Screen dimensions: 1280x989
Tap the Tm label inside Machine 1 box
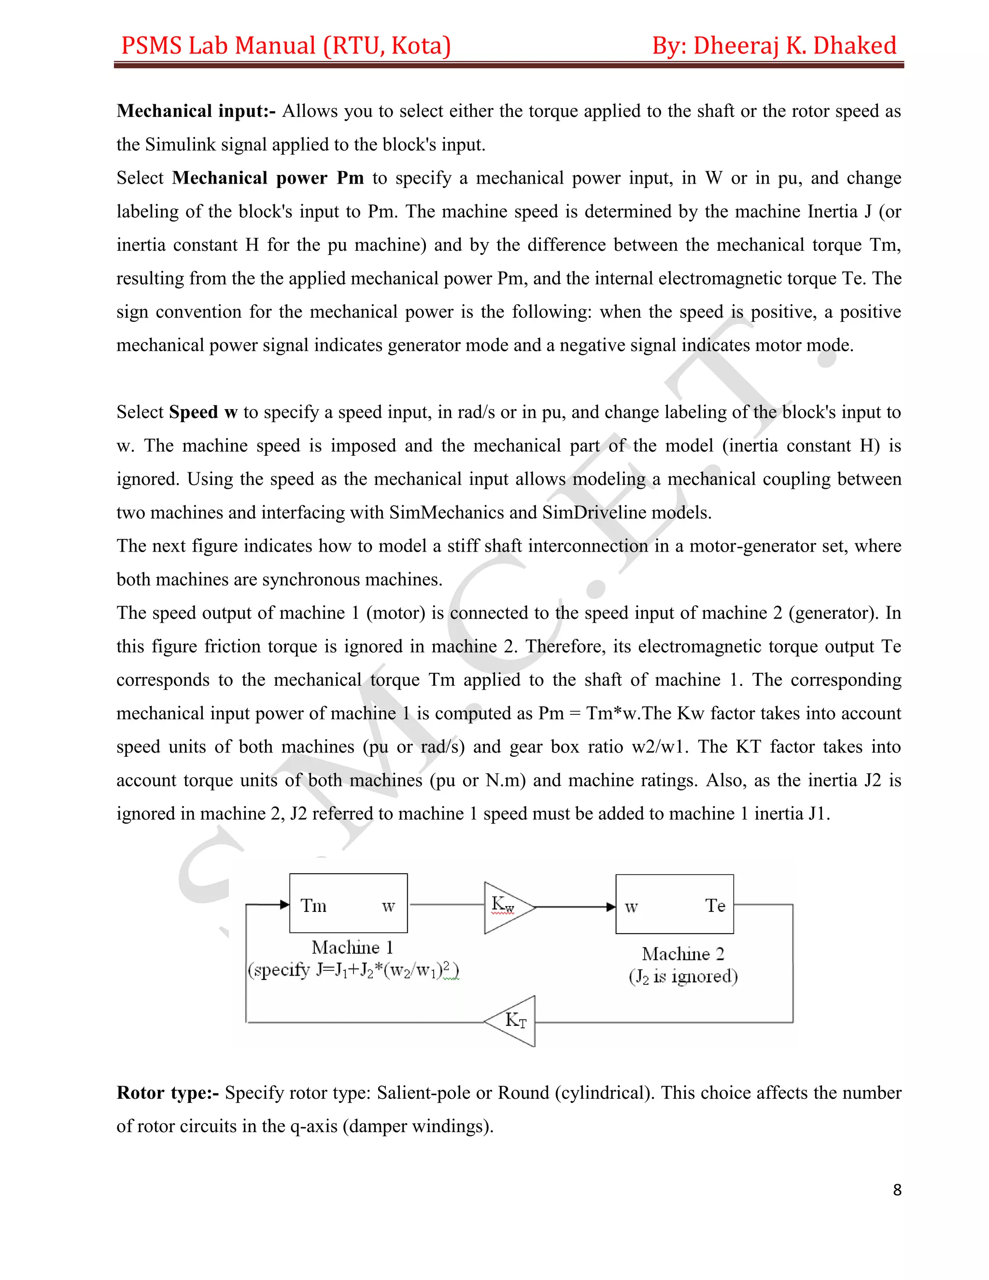coord(313,906)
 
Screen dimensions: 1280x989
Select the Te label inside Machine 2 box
coord(715,906)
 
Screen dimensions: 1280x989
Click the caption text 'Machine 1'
coord(352,947)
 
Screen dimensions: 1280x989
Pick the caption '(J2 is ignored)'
coord(683,976)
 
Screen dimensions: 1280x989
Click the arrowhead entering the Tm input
coord(285,905)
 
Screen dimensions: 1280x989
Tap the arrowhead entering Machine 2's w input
coord(610,907)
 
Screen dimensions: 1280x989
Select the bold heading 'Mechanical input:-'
coord(196,111)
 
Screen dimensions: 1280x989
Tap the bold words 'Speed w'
coord(203,412)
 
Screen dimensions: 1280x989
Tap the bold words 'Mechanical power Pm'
coord(268,178)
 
